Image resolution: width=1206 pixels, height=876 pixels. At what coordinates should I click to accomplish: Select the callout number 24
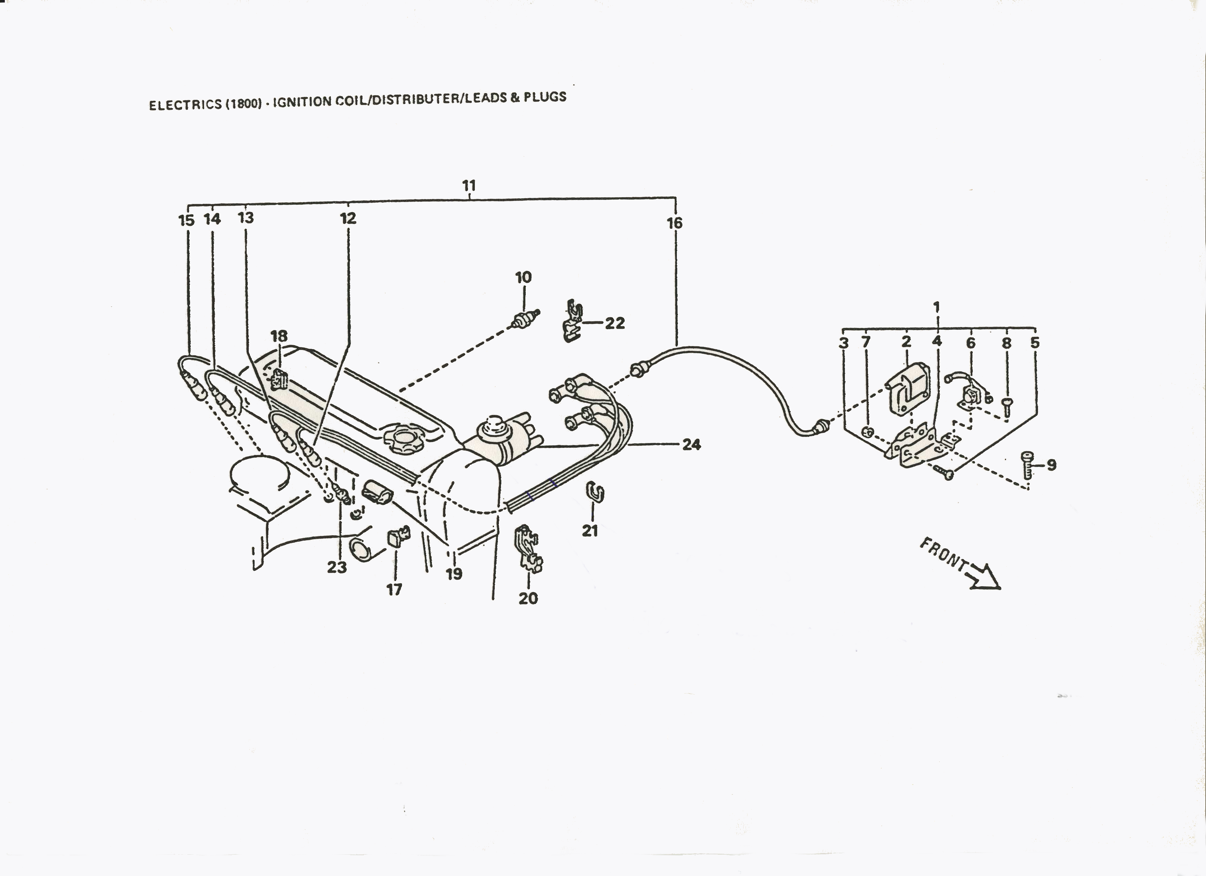point(691,445)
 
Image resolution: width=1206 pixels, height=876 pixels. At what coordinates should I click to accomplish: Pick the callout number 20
point(528,598)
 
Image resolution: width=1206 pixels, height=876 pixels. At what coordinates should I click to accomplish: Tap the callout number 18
point(279,336)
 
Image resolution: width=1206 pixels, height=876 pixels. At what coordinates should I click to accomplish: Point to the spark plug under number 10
point(525,319)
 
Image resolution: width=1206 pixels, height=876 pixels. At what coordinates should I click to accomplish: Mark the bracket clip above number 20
point(528,549)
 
